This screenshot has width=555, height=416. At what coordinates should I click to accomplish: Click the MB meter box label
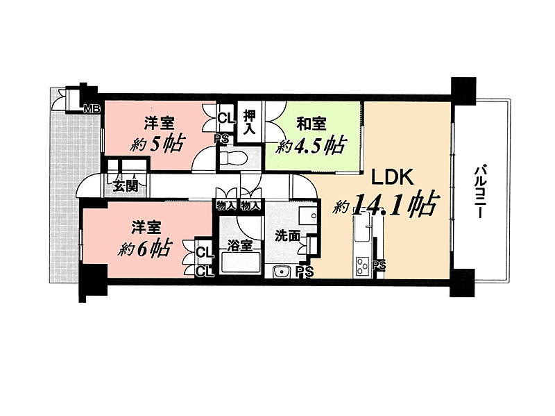pos(92,109)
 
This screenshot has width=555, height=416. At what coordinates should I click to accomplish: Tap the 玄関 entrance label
pos(126,185)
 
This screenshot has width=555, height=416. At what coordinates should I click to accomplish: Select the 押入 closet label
pos(249,122)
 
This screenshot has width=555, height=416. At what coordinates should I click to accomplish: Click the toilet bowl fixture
pos(234,157)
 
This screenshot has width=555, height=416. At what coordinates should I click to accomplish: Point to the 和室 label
pos(311,124)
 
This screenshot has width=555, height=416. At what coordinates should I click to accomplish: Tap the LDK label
pos(392,177)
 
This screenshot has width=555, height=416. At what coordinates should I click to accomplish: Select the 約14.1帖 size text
pos(386,205)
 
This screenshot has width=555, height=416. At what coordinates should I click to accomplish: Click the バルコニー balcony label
pos(479,192)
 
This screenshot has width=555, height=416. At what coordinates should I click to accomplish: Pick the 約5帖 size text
pos(157,144)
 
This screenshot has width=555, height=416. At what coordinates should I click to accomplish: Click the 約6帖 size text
pos(145,249)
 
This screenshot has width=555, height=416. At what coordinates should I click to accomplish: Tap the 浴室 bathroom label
pos(239,245)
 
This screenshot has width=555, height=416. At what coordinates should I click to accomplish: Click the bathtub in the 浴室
pos(240,264)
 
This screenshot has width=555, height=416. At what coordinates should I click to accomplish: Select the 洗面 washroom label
pos(288,235)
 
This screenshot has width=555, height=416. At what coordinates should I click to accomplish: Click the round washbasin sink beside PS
pos(282,272)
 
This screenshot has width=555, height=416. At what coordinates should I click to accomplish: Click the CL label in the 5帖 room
pos(226,118)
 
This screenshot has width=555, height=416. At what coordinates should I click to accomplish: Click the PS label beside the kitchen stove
pos(379,265)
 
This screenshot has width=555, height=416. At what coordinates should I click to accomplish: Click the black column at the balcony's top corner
pos(463,91)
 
